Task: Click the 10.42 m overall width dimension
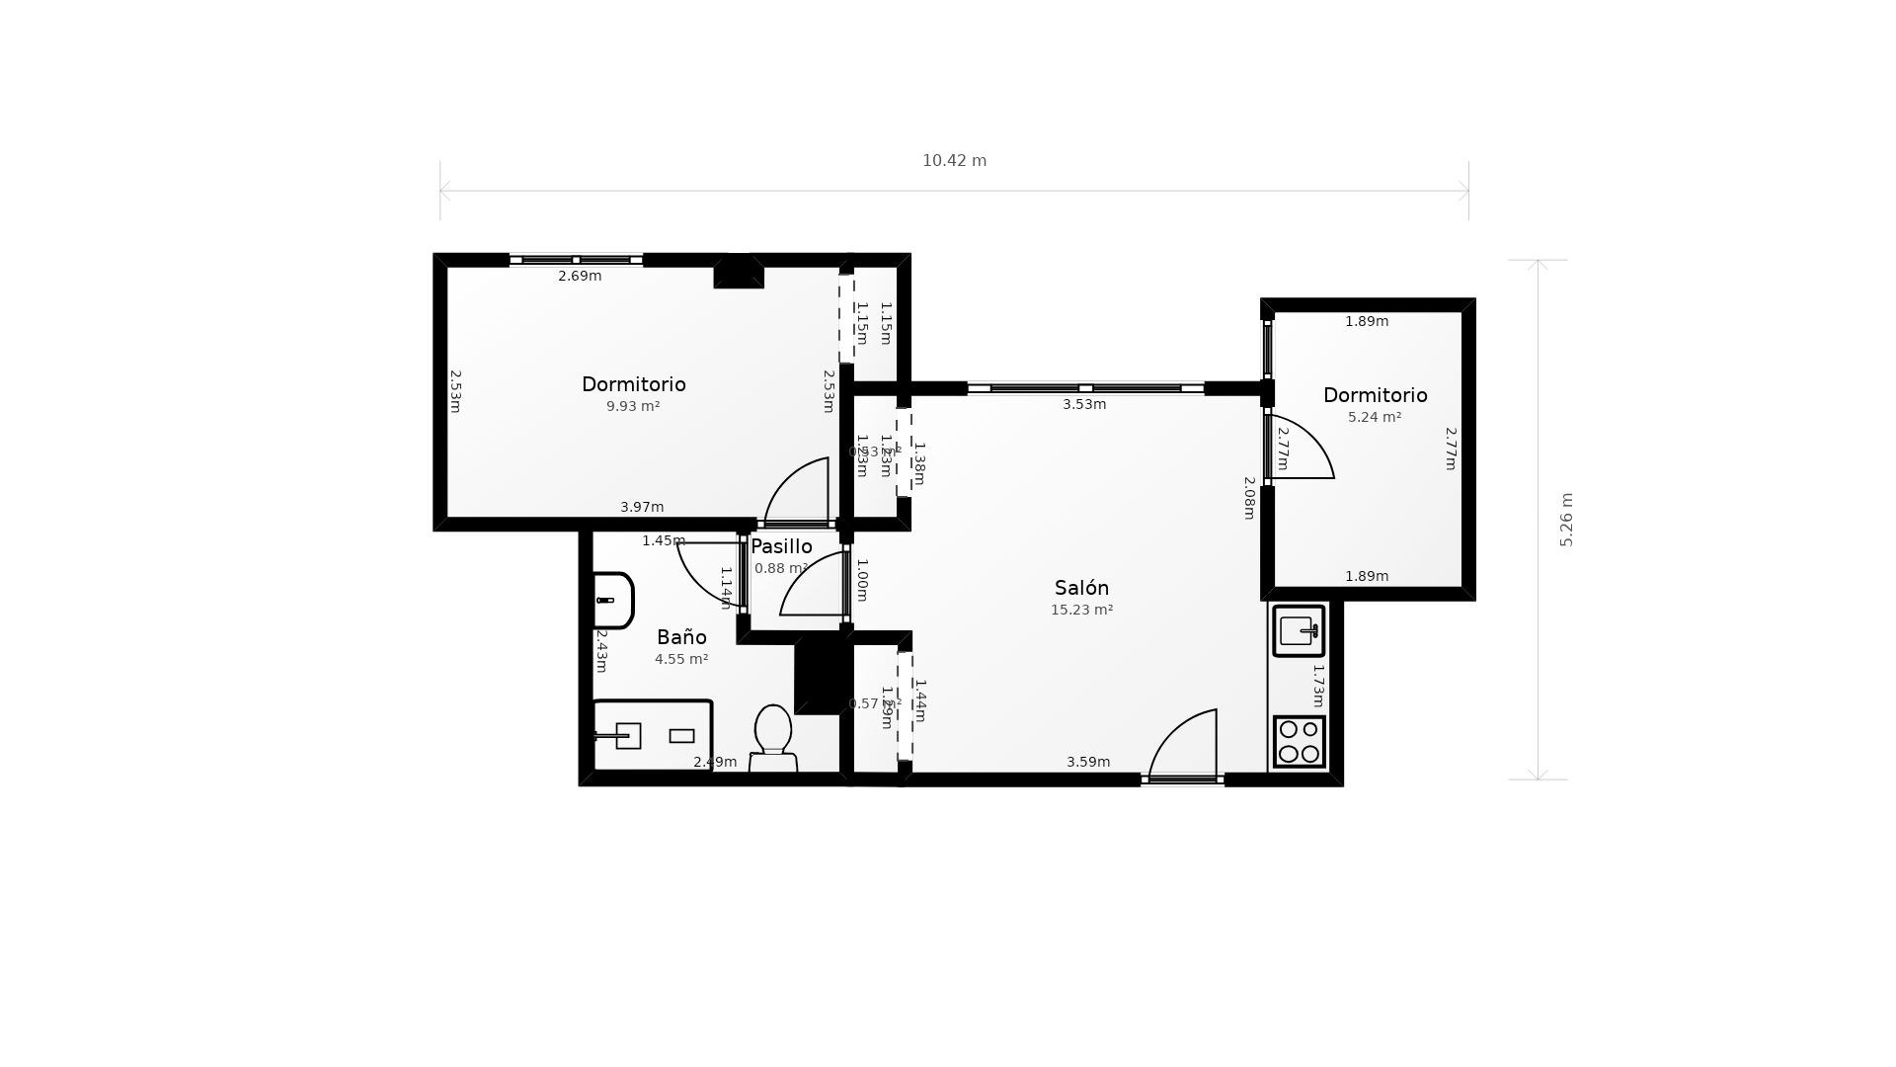[954, 161]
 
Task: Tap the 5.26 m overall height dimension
[1566, 520]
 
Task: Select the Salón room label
[1081, 588]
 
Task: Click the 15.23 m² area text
[1081, 611]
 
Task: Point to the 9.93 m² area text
[633, 406]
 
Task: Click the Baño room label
[681, 637]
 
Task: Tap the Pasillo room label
[781, 546]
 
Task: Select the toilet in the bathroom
[773, 737]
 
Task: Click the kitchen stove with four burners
[1299, 742]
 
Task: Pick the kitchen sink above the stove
[1299, 630]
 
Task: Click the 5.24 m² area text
[1375, 418]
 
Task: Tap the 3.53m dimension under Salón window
[1084, 404]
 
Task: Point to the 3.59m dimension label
[1088, 762]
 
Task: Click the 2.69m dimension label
[580, 277]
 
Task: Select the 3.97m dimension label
[642, 507]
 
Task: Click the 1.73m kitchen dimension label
[1317, 685]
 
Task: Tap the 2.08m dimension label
[1249, 498]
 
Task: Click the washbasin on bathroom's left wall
[611, 600]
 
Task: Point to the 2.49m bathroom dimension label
[715, 762]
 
